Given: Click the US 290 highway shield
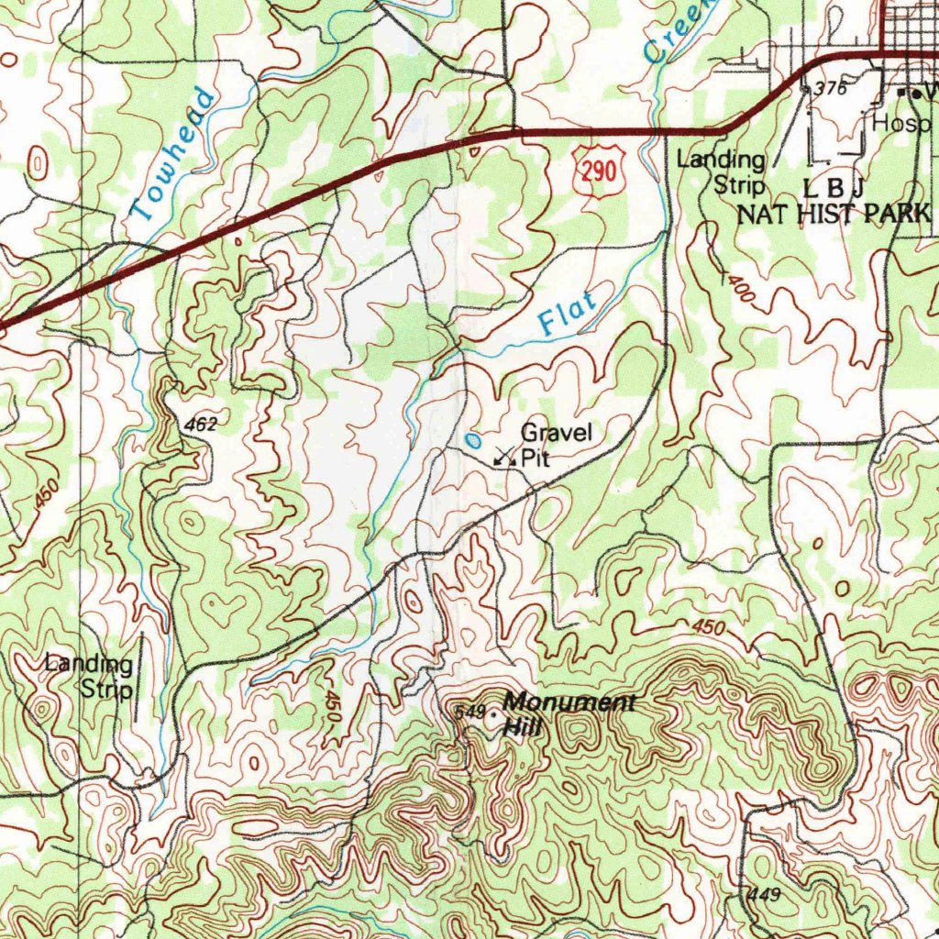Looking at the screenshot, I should (x=602, y=171).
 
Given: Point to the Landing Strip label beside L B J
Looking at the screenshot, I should (x=722, y=172).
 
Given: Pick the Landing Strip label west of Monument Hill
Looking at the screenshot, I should (x=91, y=676).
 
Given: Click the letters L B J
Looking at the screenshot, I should (x=834, y=188).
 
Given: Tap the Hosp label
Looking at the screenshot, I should (x=900, y=123).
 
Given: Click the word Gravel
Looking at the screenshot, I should (x=557, y=432).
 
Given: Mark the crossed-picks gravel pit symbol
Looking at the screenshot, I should (x=503, y=456).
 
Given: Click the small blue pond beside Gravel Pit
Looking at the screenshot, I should (x=472, y=440).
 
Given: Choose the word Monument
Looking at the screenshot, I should (x=569, y=703).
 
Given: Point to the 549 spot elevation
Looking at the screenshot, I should (x=469, y=712).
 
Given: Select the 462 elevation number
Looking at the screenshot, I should (x=199, y=425).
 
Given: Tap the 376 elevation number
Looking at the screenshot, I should (x=829, y=88).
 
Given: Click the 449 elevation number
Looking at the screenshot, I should (x=763, y=894).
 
